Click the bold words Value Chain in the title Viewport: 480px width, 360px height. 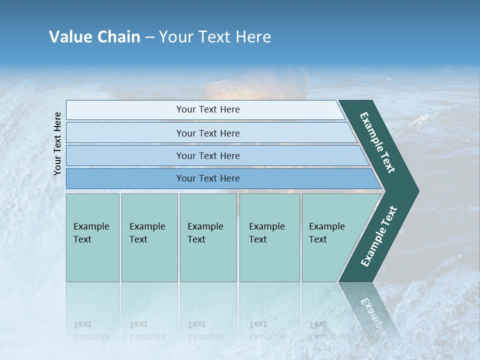94,37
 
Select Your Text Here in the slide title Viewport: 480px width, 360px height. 215,37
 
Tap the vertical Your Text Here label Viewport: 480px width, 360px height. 57,143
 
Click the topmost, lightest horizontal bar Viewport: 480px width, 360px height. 207,109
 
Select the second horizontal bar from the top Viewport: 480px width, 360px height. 207,133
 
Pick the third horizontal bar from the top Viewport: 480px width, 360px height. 207,155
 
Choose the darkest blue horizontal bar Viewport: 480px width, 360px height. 207,178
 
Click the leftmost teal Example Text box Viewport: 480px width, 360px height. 92,237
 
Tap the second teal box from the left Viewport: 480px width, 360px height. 149,237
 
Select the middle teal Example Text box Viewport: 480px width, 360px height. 208,237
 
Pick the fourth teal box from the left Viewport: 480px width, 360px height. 269,237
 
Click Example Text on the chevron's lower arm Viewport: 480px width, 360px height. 379,236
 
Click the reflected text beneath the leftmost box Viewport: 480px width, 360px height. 91,330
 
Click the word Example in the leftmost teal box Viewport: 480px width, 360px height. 91,226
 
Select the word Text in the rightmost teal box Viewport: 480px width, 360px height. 318,239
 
